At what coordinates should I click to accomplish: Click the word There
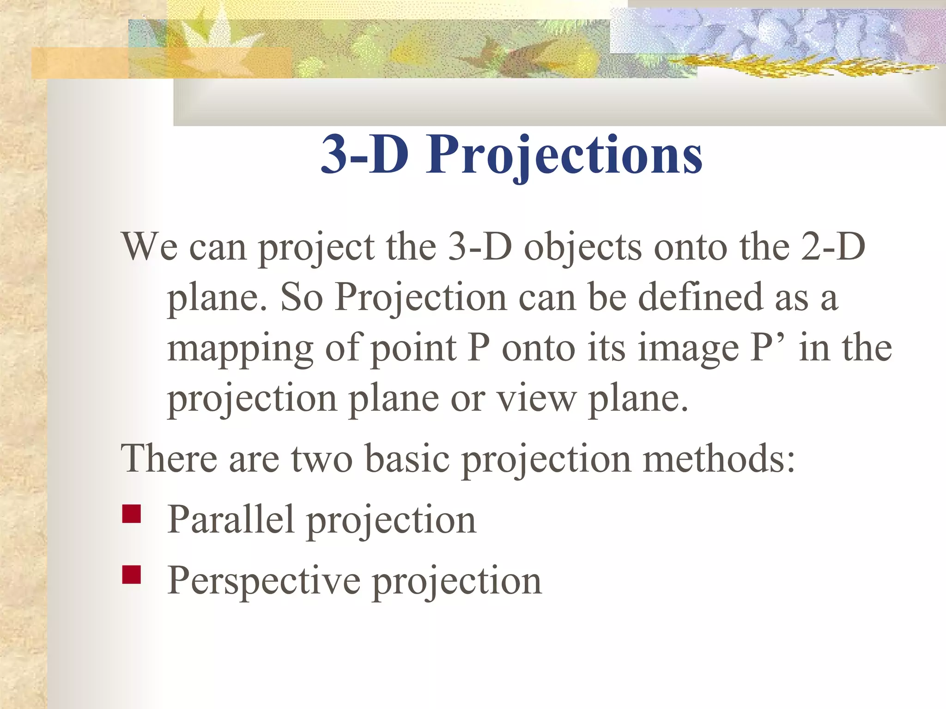169,458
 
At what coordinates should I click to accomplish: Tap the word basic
407,458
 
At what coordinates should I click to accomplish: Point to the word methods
719,458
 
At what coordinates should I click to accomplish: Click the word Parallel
231,519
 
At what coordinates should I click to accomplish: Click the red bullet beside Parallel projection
132,514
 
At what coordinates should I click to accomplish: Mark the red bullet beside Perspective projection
132,575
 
